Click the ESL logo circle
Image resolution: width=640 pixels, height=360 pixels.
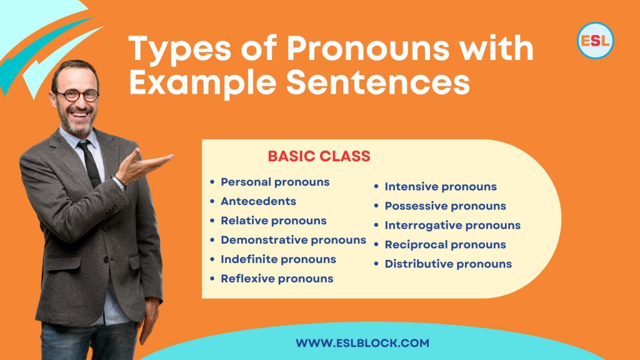(595, 41)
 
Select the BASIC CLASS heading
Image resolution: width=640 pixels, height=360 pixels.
(319, 156)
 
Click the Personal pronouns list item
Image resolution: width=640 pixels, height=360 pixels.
(275, 182)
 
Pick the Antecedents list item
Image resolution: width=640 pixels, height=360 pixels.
(258, 201)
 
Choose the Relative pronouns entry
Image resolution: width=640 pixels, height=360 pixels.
(273, 221)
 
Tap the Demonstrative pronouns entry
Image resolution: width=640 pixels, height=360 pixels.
(293, 240)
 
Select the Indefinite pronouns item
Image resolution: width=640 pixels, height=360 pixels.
(278, 259)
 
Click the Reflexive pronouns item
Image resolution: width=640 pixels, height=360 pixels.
(277, 279)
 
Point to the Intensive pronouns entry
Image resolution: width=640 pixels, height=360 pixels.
(441, 186)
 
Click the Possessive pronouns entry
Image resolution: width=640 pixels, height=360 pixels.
(446, 206)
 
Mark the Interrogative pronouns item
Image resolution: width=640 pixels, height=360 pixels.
(452, 225)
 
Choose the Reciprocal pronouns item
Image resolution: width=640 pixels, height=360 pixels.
(446, 244)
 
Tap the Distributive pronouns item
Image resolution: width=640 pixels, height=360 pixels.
(448, 264)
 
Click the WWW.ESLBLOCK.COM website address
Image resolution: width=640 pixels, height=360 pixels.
(362, 343)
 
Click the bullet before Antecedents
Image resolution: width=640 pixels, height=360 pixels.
(212, 201)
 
